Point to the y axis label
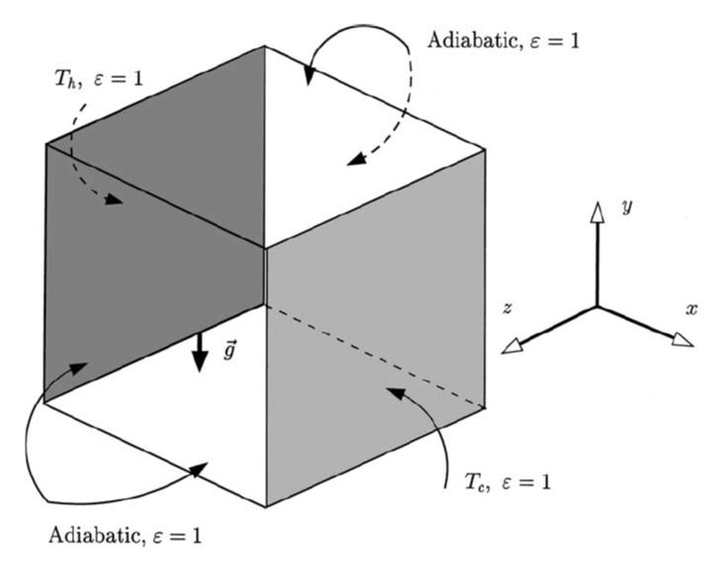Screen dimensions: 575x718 coord(625,208)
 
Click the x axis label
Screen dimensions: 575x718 coord(690,309)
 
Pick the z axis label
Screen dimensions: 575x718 coord(507,309)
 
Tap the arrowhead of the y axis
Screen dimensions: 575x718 coord(596,211)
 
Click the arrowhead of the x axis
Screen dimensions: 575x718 coord(681,339)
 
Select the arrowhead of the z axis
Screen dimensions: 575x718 coord(512,345)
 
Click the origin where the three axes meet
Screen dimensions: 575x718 coord(596,305)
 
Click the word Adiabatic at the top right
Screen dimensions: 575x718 coord(469,41)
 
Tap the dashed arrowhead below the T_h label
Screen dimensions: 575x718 coord(117,202)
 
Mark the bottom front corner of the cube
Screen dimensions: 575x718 coord(266,507)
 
